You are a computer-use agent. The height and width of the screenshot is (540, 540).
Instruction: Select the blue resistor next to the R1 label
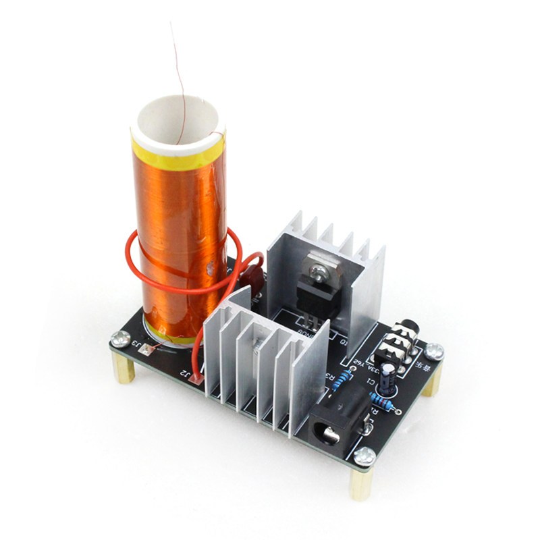pyautogui.click(x=380, y=403)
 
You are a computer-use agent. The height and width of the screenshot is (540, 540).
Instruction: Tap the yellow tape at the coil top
pyautogui.click(x=177, y=154)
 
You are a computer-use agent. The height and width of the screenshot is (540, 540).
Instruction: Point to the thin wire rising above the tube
pyautogui.click(x=180, y=67)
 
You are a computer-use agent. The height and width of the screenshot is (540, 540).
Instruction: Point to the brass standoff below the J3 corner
pyautogui.click(x=124, y=368)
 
